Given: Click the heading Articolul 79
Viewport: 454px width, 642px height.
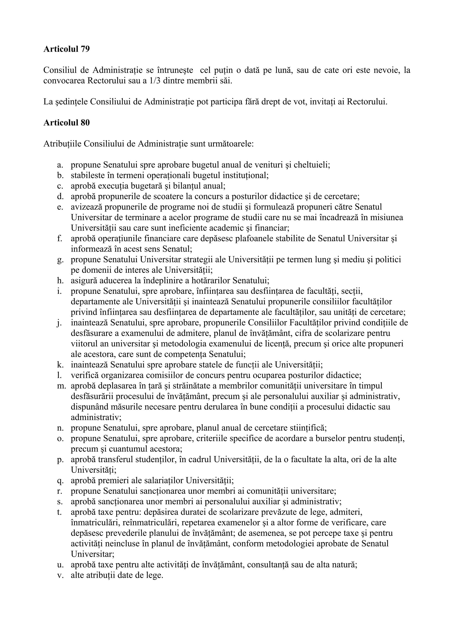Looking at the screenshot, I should point(67,49).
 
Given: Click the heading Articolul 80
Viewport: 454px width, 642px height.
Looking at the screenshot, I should point(67,123).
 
